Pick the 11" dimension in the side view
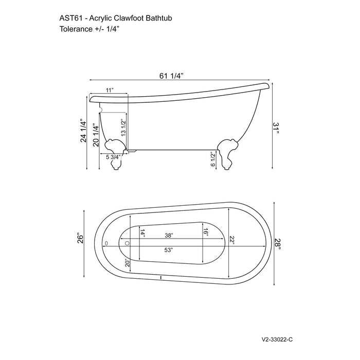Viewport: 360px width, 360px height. (x=109, y=91)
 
